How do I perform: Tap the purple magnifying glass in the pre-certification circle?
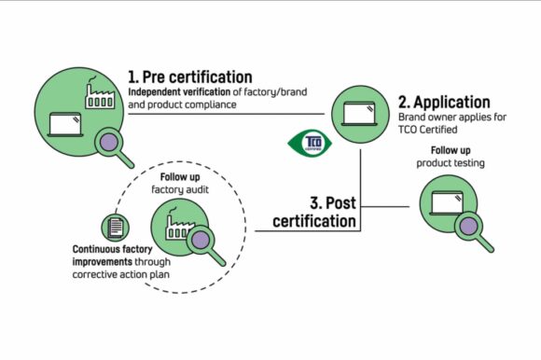(x=115, y=143)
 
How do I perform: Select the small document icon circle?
(x=114, y=227)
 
